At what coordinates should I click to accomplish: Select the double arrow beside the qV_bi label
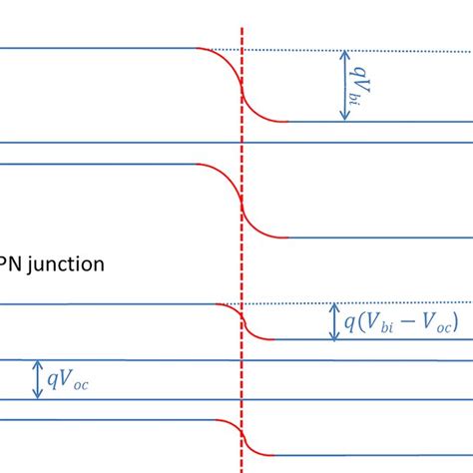(344, 86)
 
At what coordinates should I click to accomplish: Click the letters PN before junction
(11, 265)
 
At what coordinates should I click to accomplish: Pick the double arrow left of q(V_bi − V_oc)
(334, 321)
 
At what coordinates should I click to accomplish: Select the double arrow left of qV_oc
(38, 379)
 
